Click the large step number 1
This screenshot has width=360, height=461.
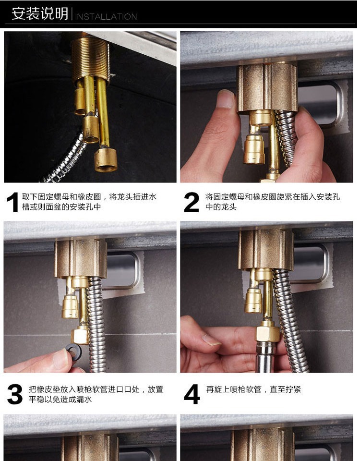(12, 202)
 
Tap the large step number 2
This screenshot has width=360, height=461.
(192, 202)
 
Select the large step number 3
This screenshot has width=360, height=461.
(15, 394)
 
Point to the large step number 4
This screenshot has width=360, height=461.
(192, 394)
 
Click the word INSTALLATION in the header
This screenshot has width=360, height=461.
(106, 16)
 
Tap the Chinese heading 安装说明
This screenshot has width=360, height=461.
(40, 13)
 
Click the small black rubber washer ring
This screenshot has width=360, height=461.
(74, 352)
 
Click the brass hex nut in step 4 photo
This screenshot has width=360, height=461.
(267, 332)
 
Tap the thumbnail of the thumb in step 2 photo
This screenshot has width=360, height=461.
(226, 99)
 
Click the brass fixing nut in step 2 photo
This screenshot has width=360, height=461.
(267, 88)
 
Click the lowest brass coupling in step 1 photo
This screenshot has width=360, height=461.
(106, 160)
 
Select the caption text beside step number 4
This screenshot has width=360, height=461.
(253, 389)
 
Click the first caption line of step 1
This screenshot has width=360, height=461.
(89, 197)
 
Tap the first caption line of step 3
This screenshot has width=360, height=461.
(96, 389)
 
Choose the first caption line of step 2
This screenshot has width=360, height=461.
(273, 197)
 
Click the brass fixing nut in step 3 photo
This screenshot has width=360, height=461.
(81, 258)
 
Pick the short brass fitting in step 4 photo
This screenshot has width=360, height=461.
(253, 300)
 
